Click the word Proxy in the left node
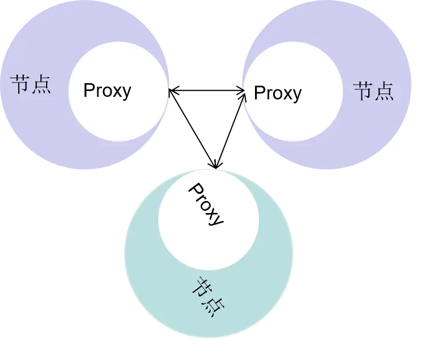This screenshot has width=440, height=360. [107, 91]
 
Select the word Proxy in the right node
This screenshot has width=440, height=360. [277, 93]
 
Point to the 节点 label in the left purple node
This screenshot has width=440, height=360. [31, 85]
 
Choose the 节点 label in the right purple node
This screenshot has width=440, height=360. [373, 91]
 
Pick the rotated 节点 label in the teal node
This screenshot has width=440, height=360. [208, 296]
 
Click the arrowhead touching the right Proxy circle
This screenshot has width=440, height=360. [241, 95]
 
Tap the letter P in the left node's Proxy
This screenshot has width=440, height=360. [89, 91]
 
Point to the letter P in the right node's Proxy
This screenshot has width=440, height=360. [259, 93]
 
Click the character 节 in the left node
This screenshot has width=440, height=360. [20, 85]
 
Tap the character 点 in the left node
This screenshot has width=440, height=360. [41, 85]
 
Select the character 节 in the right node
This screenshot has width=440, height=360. [363, 91]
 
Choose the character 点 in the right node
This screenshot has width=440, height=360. [384, 91]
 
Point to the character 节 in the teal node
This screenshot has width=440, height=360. [202, 287]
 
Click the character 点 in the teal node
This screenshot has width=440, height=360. [214, 306]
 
